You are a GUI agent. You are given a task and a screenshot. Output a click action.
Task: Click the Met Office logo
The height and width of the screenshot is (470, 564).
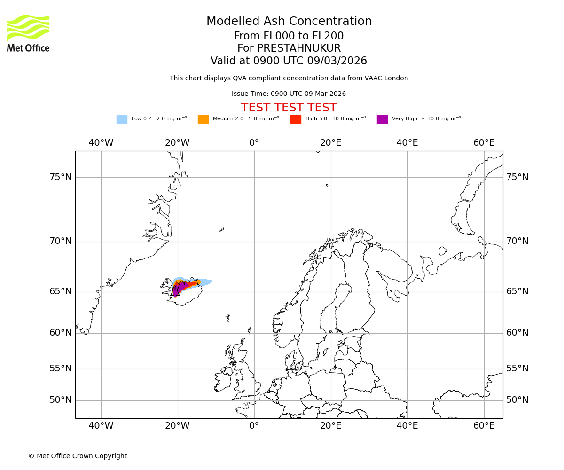(28, 33)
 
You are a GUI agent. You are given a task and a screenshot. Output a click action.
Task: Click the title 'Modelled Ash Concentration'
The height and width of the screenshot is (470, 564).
(289, 22)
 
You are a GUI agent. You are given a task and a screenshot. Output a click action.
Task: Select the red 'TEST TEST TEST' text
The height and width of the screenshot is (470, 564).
(289, 108)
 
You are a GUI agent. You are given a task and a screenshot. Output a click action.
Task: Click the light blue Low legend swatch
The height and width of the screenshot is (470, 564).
(122, 119)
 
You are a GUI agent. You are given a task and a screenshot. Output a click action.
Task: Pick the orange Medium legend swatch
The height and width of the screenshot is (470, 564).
(203, 119)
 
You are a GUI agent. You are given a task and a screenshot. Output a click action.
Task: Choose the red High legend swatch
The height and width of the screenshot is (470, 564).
(296, 119)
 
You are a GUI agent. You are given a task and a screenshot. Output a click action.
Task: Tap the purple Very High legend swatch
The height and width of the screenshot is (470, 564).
(382, 119)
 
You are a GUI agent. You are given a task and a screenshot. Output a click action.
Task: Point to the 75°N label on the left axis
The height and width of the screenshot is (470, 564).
(61, 177)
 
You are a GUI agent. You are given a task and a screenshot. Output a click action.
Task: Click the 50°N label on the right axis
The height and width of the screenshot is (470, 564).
(517, 400)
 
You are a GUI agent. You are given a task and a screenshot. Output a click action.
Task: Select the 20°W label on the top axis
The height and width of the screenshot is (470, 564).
(177, 143)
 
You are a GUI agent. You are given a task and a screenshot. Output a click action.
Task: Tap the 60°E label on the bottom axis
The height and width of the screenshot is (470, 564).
(484, 426)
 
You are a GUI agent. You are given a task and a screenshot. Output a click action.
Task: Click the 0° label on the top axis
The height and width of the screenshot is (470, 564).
(254, 143)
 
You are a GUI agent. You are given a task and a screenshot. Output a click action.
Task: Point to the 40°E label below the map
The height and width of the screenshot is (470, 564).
(407, 426)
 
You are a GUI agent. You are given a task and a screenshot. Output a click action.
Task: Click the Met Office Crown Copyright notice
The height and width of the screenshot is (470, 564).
(78, 456)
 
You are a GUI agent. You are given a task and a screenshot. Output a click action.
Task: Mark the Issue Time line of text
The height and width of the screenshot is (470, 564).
(289, 94)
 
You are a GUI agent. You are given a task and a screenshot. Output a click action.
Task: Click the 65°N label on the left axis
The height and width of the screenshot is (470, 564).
(61, 291)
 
